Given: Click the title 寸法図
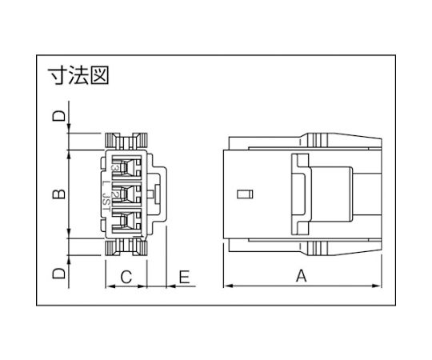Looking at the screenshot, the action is click(x=78, y=75).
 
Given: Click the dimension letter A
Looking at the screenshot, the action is click(x=301, y=276).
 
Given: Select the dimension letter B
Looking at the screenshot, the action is click(x=59, y=194).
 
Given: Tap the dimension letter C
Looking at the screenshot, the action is click(x=126, y=277).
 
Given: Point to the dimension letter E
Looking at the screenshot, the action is click(x=184, y=277).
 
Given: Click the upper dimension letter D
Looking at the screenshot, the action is click(x=59, y=116).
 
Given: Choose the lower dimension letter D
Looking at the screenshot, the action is click(x=59, y=274).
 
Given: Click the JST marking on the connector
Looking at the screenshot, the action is click(x=106, y=202).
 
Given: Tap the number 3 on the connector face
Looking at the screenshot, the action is click(x=115, y=167).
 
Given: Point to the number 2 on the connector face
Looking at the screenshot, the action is click(x=115, y=194).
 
